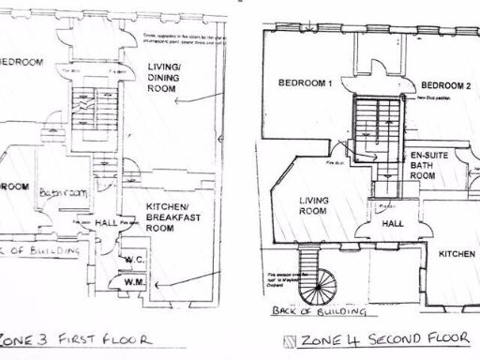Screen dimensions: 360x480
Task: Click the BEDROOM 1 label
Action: point(307,83)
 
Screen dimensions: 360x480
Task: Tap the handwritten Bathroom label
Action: point(63,192)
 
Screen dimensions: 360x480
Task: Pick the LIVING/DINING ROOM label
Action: point(169,74)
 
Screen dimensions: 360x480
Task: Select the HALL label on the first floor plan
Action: point(105,224)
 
